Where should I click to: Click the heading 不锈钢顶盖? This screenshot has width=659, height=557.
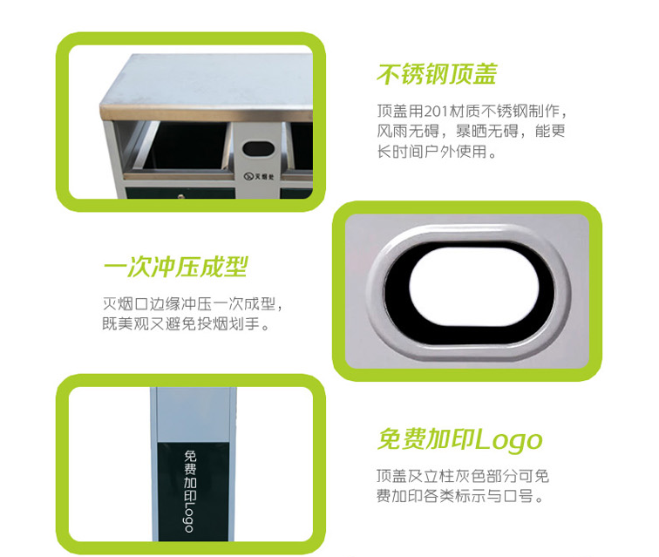[x=437, y=74]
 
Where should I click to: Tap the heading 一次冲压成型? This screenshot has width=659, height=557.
[x=176, y=268]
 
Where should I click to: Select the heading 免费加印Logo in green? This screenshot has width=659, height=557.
[x=459, y=440]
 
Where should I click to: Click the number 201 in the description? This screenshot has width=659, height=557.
[x=436, y=112]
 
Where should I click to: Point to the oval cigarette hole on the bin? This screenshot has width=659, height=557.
[x=258, y=149]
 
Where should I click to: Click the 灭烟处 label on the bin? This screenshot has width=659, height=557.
[x=264, y=176]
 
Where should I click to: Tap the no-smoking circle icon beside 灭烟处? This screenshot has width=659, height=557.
[x=248, y=176]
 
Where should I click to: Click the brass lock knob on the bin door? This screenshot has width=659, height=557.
[x=181, y=195]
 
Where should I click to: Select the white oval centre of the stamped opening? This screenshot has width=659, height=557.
[x=474, y=287]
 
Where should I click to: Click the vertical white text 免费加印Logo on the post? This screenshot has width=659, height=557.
[x=190, y=491]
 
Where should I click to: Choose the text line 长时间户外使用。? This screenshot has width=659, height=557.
[x=437, y=152]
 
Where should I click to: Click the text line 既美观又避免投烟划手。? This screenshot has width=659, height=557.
[x=186, y=324]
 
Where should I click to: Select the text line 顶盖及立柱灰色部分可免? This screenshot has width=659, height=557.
[x=463, y=476]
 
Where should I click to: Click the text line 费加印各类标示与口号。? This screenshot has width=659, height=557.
[x=460, y=497]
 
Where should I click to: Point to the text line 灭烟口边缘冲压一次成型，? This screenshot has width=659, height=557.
[x=193, y=304]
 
